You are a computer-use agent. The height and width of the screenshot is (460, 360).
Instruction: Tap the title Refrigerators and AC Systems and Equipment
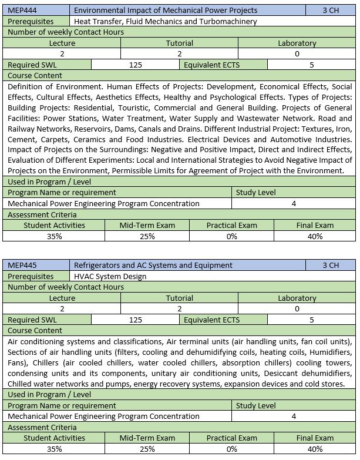point(153,266)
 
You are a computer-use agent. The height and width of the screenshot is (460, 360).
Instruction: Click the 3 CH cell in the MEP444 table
point(331,11)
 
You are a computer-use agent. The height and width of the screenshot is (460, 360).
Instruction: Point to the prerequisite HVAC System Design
point(110,276)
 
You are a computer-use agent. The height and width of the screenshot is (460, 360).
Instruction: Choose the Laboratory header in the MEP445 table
point(297,298)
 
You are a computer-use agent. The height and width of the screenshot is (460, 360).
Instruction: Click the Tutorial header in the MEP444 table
point(179,43)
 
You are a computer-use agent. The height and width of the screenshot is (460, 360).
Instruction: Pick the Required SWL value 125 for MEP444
point(135,65)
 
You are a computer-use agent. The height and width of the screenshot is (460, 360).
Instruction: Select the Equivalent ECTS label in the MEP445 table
point(211,320)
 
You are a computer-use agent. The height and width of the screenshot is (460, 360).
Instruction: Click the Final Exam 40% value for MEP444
point(315,236)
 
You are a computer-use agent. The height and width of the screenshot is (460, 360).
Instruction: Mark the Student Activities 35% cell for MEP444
point(54,236)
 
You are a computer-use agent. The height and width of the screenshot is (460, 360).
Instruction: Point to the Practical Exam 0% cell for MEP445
point(231,449)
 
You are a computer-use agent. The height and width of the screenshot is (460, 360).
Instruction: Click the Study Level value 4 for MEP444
point(294,203)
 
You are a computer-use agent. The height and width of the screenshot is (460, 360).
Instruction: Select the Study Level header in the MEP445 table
point(255,405)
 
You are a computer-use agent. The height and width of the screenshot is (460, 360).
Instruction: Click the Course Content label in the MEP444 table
point(35,75)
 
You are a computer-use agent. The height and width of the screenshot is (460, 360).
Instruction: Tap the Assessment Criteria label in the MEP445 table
point(42,427)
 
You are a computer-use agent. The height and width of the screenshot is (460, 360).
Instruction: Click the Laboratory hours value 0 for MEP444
point(297,53)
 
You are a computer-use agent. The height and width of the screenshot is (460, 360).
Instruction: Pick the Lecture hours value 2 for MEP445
point(62,308)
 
